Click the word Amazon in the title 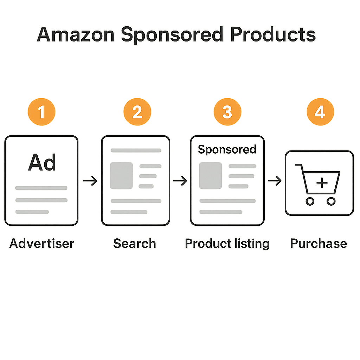coord(75,35)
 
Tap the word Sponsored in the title coord(172,35)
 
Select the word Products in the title coord(272,35)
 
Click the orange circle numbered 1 coord(41,112)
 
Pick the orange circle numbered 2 coord(137,112)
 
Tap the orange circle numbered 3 coord(227,112)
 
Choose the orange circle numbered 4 coord(320,112)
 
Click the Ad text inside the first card coord(42,162)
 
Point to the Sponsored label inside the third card coord(227,149)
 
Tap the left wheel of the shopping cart coord(310,201)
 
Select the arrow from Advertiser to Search coord(90,181)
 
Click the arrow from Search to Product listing coord(180,181)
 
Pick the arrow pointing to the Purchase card coord(275,181)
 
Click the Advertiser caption coord(42,243)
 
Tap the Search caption coord(135,243)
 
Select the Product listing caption coord(227,243)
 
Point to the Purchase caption coord(319,243)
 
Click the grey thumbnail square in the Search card coord(121,175)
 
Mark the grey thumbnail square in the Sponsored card coord(211,175)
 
